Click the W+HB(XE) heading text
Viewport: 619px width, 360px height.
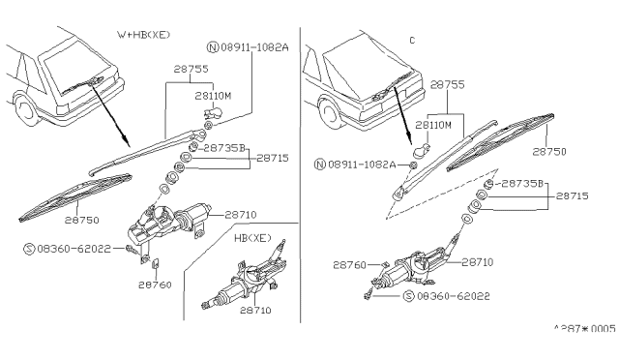coord(143,35)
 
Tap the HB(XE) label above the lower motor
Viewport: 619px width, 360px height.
coord(252,238)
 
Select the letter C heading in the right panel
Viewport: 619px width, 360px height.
coord(412,41)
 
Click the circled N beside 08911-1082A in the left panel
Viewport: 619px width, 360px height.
coord(213,47)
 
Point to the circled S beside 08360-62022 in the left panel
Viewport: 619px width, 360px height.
coord(29,249)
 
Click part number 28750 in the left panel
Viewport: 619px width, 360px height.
coord(81,220)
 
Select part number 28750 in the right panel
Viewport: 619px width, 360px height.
coord(549,152)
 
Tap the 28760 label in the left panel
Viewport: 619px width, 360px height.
coord(155,285)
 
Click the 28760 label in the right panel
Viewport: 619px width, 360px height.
coord(350,265)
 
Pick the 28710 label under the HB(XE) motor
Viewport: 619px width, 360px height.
coord(255,311)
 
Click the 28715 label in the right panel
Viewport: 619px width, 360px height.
coord(572,196)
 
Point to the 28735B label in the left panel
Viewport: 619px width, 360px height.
coord(224,148)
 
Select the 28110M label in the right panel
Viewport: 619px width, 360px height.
coord(433,125)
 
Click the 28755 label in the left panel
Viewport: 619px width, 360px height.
coord(192,69)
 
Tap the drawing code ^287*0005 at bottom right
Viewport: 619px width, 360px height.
coord(585,329)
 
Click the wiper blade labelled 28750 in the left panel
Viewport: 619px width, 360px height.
coord(75,196)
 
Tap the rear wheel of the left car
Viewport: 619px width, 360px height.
coord(24,110)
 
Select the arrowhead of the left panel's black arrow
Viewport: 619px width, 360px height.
coord(125,139)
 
